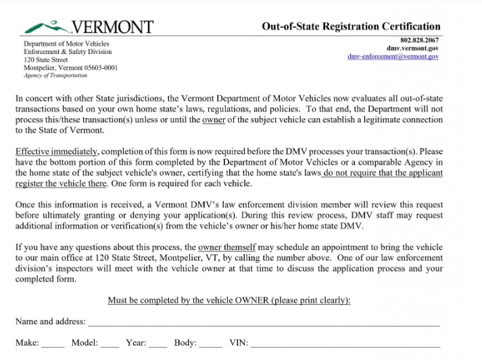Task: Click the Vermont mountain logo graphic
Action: coord(45,27)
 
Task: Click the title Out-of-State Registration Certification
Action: coord(351,26)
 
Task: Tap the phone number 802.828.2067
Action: coord(420,40)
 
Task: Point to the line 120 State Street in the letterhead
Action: coord(45,60)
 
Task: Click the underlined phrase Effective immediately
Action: coord(57,151)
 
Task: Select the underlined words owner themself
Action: coord(226,247)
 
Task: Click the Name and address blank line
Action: coord(264,322)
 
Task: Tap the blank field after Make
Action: coord(53,343)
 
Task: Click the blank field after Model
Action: coord(110,343)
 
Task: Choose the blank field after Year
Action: coord(158,343)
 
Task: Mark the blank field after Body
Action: coord(211,343)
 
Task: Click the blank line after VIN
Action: coord(345,343)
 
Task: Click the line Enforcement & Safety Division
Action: coord(68,52)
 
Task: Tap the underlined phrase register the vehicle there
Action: coord(61,184)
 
